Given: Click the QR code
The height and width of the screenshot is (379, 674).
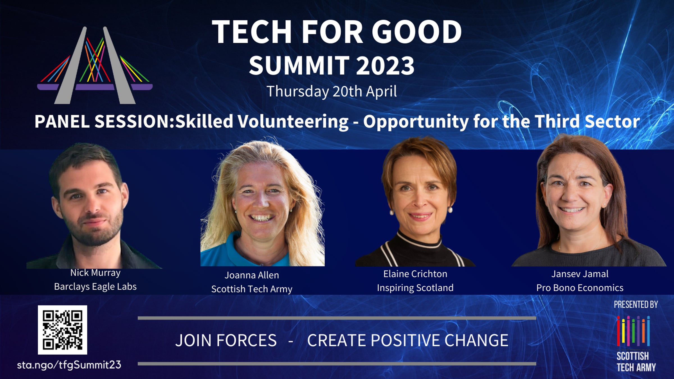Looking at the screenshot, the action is (62, 330).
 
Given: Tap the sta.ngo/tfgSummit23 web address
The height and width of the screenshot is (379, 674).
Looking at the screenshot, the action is (69, 365).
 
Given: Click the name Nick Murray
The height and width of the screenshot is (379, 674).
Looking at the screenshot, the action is (95, 273).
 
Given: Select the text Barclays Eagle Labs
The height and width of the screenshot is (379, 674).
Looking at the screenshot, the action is (95, 287).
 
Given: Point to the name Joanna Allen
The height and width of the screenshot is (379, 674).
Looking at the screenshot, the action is (252, 275).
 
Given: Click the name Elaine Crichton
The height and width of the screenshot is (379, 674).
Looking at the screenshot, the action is (415, 274).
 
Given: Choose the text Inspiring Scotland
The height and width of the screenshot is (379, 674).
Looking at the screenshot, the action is (415, 288).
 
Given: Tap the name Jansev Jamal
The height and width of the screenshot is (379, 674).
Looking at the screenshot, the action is (580, 274).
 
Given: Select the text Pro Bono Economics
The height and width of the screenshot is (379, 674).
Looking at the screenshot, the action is (580, 288).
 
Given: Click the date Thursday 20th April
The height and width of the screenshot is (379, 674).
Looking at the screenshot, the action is (332, 92).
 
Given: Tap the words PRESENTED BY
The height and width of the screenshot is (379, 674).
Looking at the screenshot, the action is (636, 304).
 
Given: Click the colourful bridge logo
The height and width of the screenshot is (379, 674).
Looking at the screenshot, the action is (95, 65).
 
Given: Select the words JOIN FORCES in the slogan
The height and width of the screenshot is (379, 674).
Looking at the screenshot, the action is (226, 341).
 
